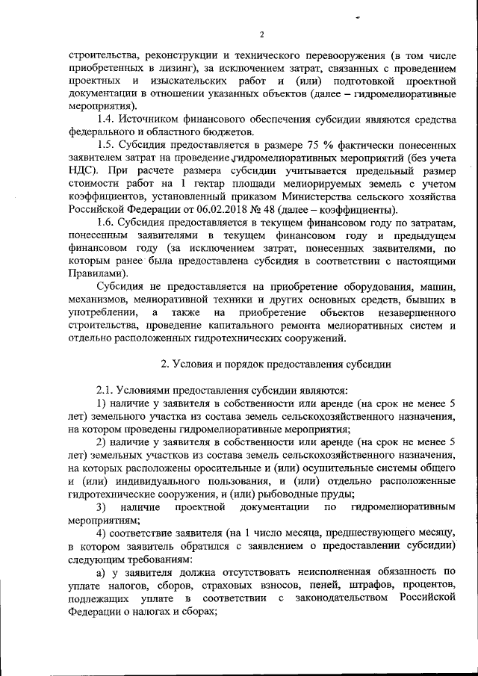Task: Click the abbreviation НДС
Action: [x=81, y=176]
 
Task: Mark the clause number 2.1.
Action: [x=109, y=391]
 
